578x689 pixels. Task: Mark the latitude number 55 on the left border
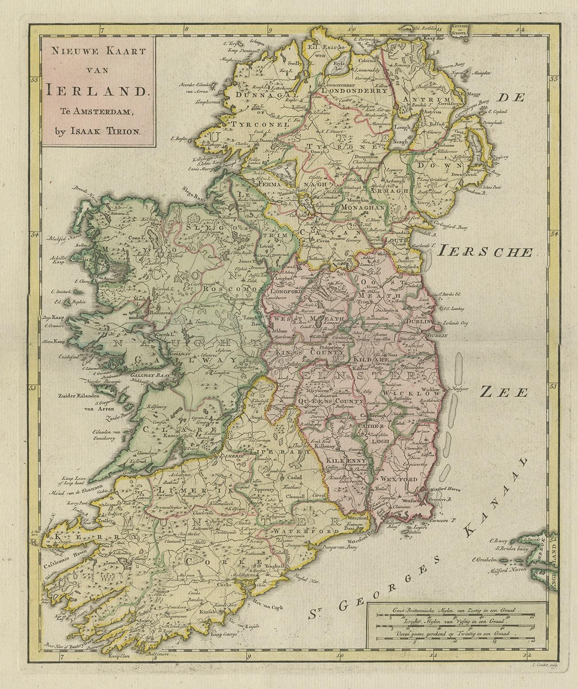(x=33, y=80)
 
